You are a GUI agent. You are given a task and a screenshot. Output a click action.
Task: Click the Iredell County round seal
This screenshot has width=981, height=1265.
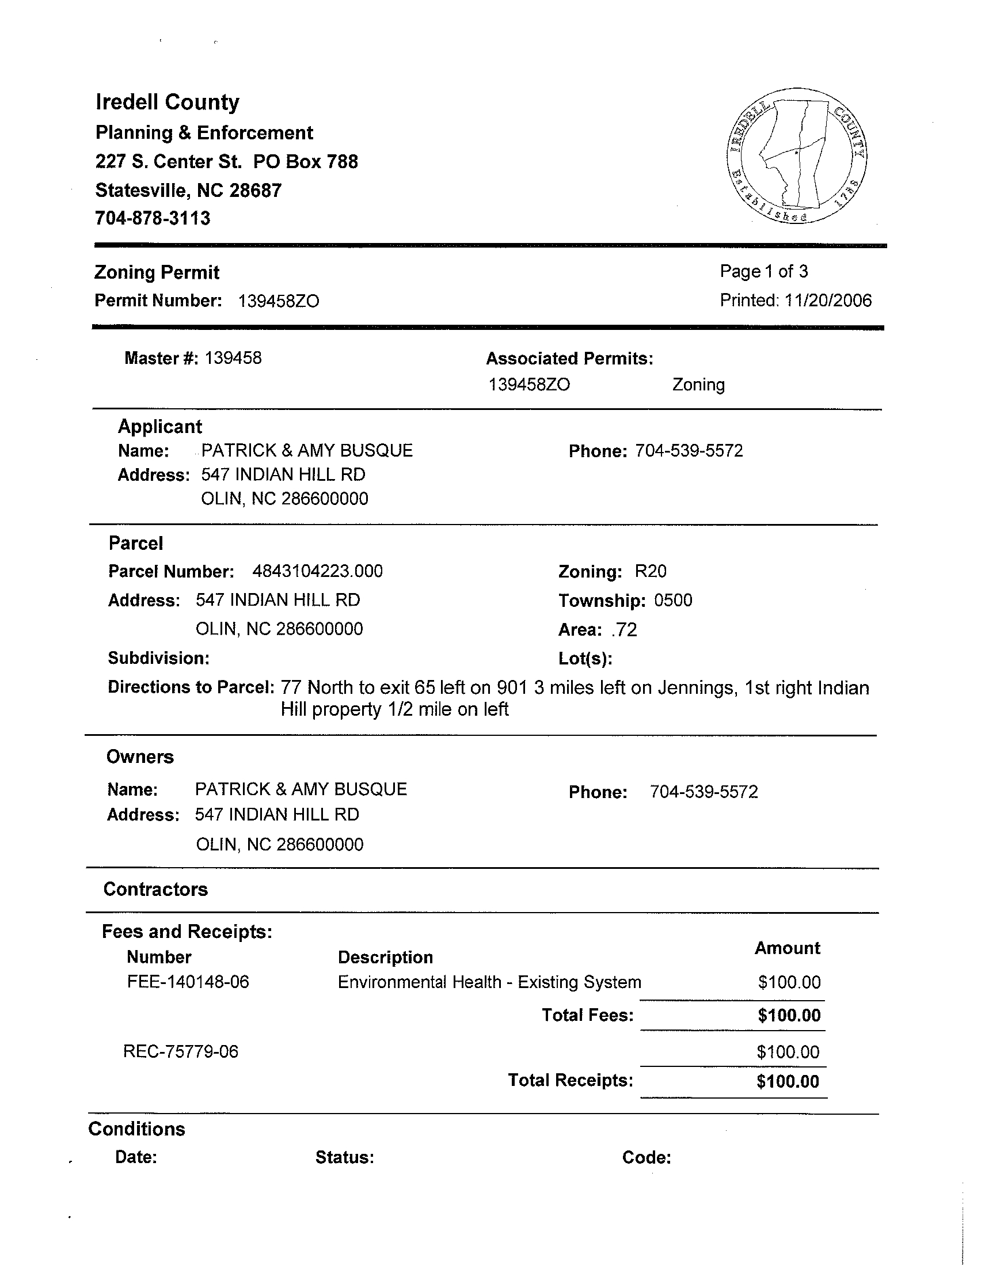click(796, 157)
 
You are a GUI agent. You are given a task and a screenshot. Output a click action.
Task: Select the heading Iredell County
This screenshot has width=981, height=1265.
click(168, 102)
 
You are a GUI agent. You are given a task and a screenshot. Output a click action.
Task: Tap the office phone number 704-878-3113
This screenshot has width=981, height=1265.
click(153, 218)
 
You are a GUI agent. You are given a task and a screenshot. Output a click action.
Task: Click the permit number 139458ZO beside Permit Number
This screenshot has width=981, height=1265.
click(279, 301)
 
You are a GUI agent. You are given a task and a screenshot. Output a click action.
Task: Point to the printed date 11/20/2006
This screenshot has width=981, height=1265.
click(827, 300)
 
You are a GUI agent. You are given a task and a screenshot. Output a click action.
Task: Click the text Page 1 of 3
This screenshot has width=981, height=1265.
click(763, 271)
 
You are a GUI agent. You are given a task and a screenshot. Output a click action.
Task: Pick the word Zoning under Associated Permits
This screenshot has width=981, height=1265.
click(698, 385)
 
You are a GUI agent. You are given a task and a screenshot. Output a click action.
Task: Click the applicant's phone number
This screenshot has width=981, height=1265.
click(689, 451)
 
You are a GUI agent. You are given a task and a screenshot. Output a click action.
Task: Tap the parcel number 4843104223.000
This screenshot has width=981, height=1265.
click(317, 571)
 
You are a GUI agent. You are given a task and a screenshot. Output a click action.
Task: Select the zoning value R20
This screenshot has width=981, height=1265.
click(651, 571)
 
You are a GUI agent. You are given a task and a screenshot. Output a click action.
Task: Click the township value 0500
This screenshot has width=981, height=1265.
click(673, 600)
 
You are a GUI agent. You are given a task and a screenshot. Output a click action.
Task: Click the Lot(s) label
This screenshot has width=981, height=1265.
click(585, 659)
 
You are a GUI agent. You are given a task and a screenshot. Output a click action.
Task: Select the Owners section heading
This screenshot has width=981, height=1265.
click(140, 757)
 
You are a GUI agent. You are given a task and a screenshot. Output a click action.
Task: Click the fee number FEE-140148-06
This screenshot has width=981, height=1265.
click(188, 982)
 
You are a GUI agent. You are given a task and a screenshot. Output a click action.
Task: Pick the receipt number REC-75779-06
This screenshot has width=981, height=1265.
click(181, 1051)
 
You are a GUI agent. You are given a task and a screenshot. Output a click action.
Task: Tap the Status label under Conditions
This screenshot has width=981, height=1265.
click(345, 1157)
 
